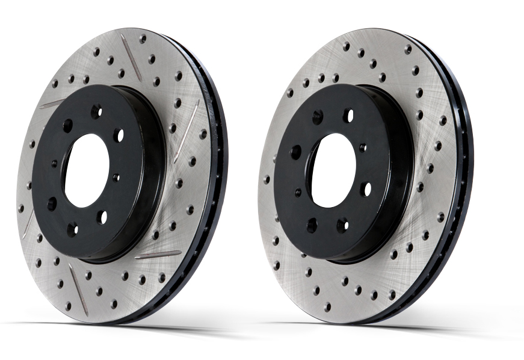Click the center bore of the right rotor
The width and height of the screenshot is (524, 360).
coord(333,170)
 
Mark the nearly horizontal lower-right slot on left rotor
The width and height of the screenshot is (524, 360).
coord(158,255)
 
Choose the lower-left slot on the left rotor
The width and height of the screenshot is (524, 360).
coord(28,224)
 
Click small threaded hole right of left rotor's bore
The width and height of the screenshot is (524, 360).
coord(116,178)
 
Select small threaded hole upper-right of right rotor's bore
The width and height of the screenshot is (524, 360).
coord(362,146)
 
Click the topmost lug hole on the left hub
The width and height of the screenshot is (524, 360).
coord(96,111)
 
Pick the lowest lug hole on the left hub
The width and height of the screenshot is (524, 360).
coord(72,229)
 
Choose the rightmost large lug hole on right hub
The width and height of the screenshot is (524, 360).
coord(366,189)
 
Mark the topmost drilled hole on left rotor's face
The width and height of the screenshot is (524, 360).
coord(143,39)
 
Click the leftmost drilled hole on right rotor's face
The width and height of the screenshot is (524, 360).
coord(266,179)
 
